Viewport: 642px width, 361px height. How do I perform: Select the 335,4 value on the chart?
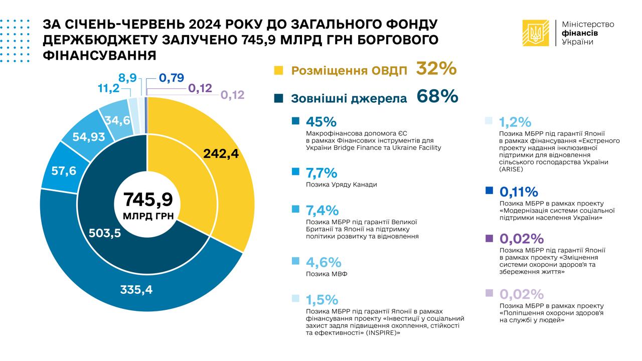click(136, 289)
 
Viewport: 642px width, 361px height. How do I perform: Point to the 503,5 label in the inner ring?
click(105, 233)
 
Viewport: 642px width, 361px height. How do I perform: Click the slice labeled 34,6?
click(114, 120)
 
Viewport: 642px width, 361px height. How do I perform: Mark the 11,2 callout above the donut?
click(108, 89)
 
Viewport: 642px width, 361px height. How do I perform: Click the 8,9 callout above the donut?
click(128, 78)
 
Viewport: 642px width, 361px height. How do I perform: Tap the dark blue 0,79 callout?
click(172, 78)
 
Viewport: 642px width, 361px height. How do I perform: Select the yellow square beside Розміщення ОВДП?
click(279, 70)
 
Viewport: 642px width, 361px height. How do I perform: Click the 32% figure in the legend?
click(436, 69)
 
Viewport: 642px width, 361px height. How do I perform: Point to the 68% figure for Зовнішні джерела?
click(437, 96)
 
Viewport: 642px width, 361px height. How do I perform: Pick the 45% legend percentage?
click(321, 122)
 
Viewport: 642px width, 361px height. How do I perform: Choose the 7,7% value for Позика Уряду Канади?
click(322, 173)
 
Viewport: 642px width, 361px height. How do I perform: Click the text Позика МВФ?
click(327, 274)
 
